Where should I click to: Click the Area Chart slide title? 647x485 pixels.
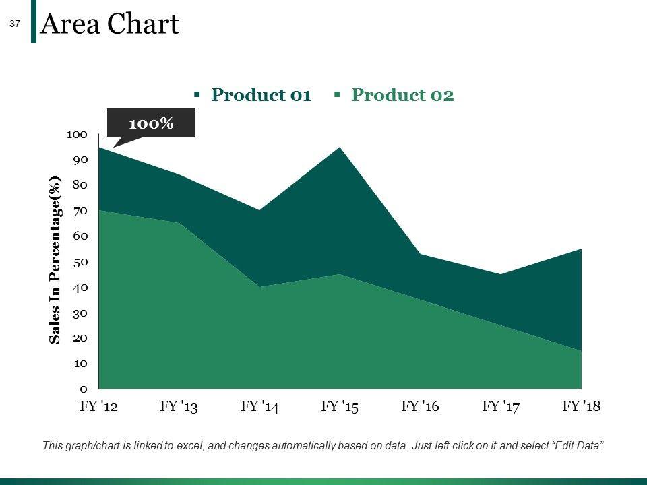click(x=110, y=25)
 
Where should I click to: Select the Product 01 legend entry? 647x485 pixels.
click(x=261, y=95)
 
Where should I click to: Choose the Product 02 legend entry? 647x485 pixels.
click(x=402, y=95)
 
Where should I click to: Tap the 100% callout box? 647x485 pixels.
click(x=152, y=123)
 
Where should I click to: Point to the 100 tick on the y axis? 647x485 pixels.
click(x=78, y=135)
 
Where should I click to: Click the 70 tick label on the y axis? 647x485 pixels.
click(x=80, y=211)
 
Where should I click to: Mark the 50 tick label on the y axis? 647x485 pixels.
click(x=80, y=261)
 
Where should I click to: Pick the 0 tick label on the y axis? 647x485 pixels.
click(x=84, y=389)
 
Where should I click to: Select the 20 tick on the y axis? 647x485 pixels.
click(x=80, y=337)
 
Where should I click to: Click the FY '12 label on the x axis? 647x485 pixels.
click(x=98, y=406)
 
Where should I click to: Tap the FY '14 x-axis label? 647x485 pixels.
click(x=259, y=406)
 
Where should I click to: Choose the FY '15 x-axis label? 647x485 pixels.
click(x=340, y=406)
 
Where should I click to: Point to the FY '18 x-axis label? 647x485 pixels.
click(x=581, y=406)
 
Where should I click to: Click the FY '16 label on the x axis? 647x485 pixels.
click(x=420, y=406)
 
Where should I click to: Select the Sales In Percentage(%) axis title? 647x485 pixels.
click(x=55, y=259)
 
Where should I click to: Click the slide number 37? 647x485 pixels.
click(x=15, y=24)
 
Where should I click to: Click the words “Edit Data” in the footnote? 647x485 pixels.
click(x=578, y=445)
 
